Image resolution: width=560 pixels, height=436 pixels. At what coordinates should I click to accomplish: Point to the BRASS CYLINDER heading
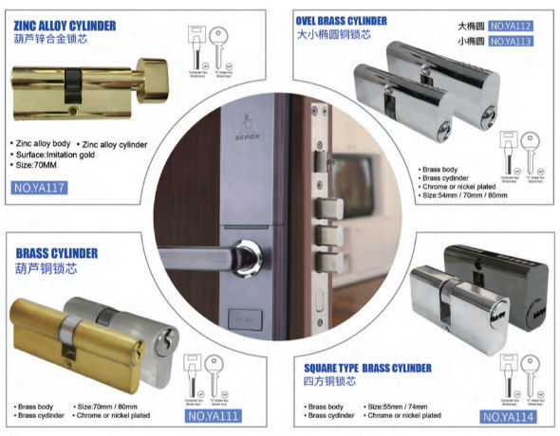point(56,253)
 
